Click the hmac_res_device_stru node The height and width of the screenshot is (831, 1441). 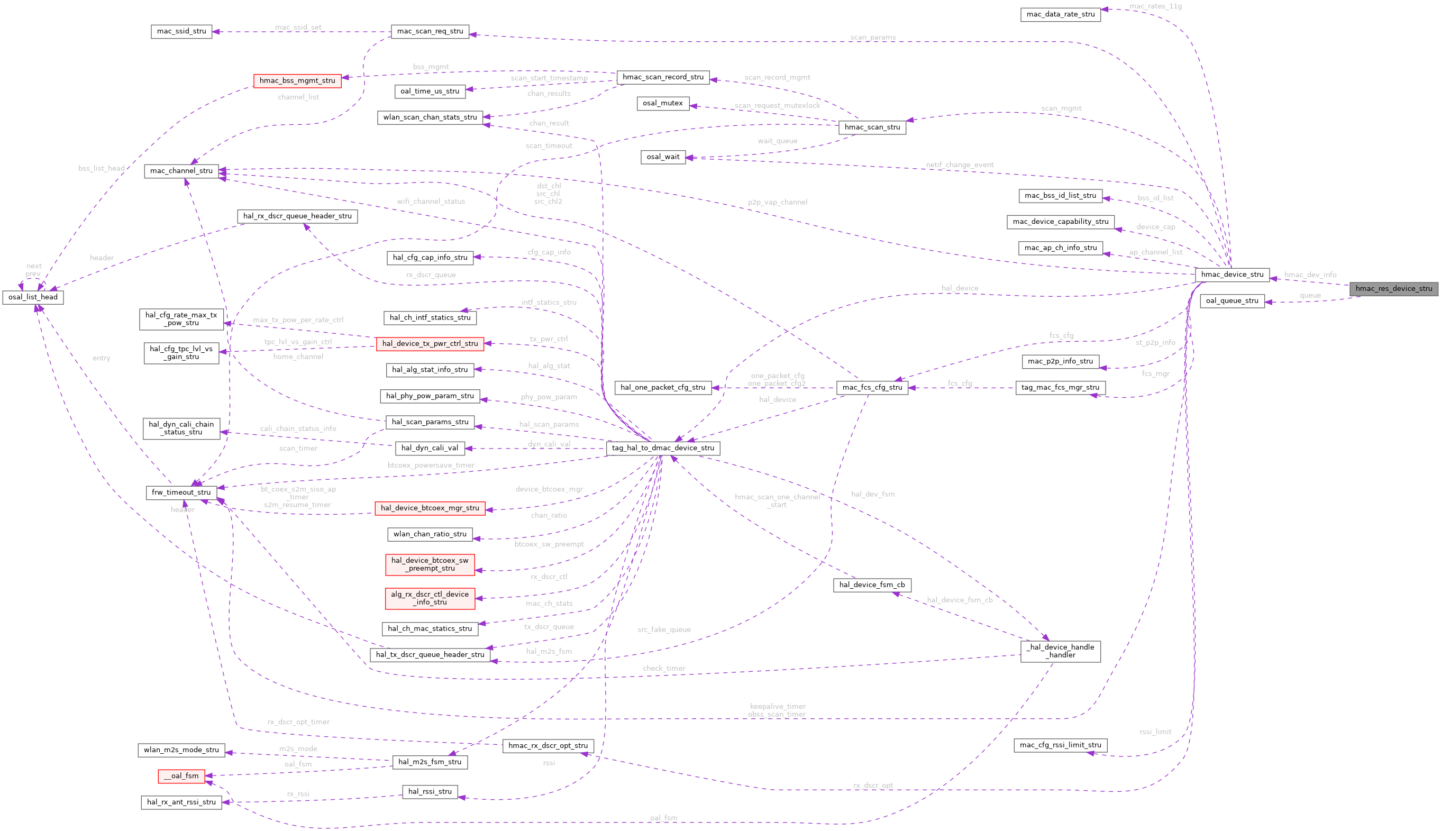pos(1393,289)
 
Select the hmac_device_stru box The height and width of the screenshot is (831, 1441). pos(1232,275)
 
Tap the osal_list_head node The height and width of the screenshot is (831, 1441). pos(33,297)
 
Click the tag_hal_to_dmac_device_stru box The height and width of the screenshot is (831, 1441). pos(663,448)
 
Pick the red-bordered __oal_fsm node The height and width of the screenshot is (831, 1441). pos(181,776)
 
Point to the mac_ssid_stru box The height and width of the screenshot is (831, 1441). pos(181,31)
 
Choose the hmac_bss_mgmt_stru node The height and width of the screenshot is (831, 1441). pos(297,81)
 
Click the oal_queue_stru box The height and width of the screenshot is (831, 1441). pos(1232,301)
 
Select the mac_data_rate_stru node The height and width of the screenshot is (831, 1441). pos(1060,14)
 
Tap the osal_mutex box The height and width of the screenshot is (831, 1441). pos(663,103)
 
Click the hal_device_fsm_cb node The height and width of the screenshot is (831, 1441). pos(872,585)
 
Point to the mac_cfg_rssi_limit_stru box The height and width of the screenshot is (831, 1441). pos(1060,745)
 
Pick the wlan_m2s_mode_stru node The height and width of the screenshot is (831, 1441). pos(181,750)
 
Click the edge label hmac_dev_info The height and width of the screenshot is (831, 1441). pos(1310,275)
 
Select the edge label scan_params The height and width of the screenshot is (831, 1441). pos(873,38)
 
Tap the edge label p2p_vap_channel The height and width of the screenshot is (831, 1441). pos(777,203)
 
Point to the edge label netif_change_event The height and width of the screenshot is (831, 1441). pos(959,165)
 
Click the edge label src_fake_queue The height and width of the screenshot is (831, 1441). pos(664,629)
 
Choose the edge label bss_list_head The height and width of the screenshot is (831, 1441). pos(102,168)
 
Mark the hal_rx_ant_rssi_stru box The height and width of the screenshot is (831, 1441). pos(181,802)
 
